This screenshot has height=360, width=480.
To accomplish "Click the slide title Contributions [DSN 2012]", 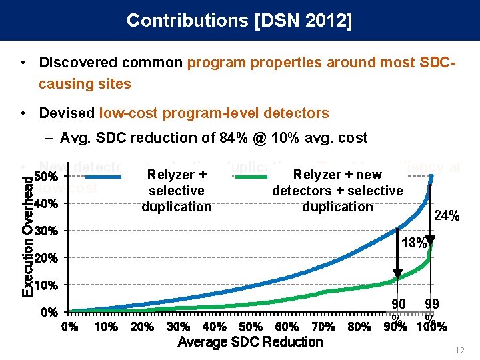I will point(239,20).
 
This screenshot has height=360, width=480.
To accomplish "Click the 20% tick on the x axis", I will point(142,327).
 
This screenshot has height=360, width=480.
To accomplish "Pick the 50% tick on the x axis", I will point(250,327).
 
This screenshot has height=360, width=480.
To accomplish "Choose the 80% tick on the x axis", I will point(359,327).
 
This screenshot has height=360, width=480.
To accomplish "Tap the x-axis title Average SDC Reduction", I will point(250,342).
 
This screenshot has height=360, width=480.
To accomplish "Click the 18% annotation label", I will point(413,243).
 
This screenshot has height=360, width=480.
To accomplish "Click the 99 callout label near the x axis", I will point(431,304).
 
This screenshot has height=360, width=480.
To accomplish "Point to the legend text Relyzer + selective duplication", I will point(177,191).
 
